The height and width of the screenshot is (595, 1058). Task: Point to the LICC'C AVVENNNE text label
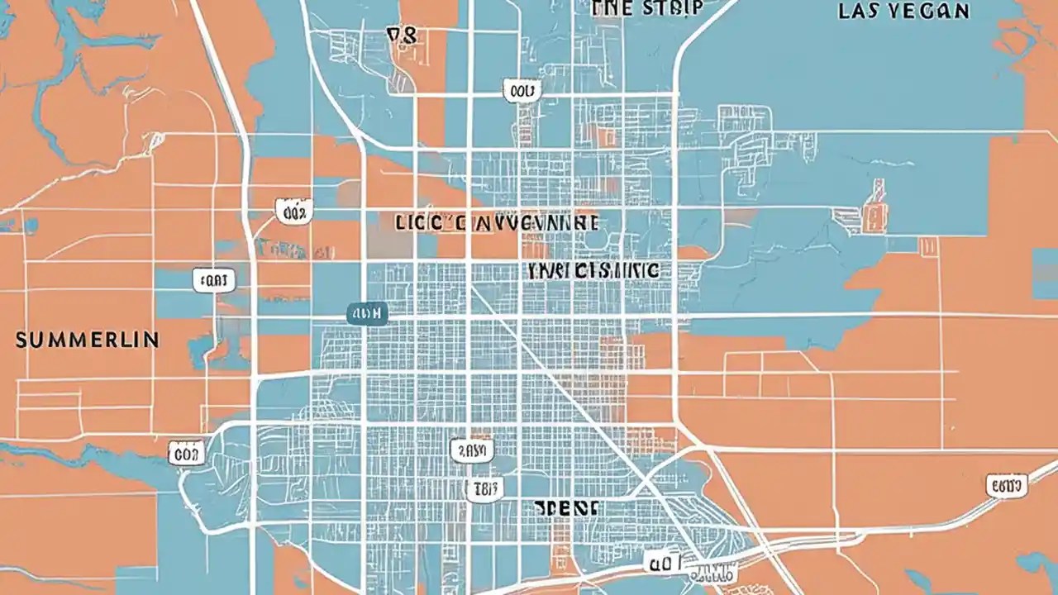[497, 223]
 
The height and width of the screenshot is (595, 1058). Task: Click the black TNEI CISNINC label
[593, 270]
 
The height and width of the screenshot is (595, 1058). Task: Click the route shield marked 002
[292, 212]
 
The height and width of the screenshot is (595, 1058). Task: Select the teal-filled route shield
[366, 313]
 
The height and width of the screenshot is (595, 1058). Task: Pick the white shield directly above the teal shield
[213, 280]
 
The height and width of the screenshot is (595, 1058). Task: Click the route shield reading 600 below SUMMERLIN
[185, 452]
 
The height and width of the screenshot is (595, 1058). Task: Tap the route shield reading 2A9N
[472, 450]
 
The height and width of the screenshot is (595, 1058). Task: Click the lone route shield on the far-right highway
[1007, 486]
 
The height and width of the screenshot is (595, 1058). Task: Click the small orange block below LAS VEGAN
[875, 207]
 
